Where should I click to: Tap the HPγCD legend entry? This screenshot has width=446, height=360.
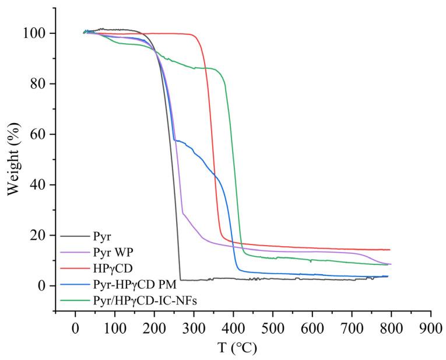tap(110, 268)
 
